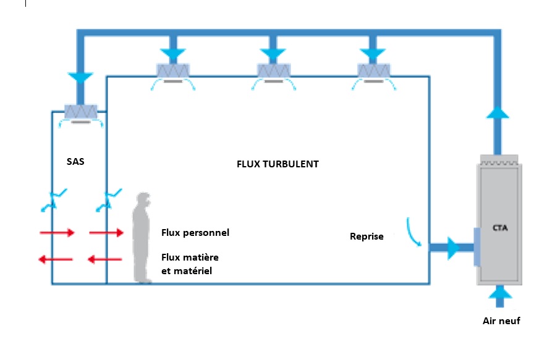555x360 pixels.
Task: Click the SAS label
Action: (x=75, y=162)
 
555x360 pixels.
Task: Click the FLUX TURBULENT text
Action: (x=278, y=164)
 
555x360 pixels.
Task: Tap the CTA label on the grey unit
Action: (x=500, y=228)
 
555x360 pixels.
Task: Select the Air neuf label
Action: (x=502, y=320)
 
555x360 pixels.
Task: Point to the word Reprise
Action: (x=366, y=237)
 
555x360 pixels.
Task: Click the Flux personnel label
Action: (x=195, y=233)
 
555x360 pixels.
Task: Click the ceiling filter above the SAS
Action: (x=81, y=112)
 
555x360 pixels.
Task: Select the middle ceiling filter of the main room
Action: (x=274, y=70)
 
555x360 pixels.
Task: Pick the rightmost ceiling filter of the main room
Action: (x=374, y=70)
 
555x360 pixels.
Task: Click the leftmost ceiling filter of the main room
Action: (x=173, y=70)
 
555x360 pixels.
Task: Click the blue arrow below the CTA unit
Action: (x=499, y=296)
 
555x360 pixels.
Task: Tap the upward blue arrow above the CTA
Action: (x=498, y=112)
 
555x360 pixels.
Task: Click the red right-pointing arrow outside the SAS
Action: (x=57, y=233)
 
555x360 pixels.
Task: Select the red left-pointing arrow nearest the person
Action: (x=105, y=259)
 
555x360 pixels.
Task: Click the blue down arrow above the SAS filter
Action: (x=80, y=78)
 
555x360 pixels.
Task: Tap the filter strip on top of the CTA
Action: (x=499, y=160)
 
